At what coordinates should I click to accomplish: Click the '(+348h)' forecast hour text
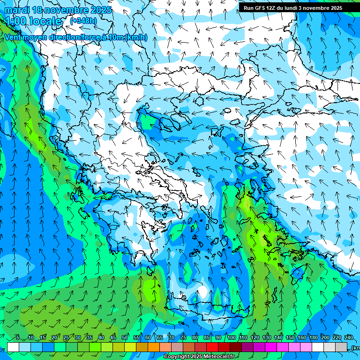coord(83,21)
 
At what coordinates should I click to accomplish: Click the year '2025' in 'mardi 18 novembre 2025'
coord(100,10)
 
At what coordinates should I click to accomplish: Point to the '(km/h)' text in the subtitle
coord(136,37)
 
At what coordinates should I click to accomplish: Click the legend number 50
coord(125,337)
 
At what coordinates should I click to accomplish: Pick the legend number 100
coord(231,337)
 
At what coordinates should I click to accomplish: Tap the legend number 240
coord(348,337)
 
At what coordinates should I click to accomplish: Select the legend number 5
coord(18,337)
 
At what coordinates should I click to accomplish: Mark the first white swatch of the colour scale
coord(13,347)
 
